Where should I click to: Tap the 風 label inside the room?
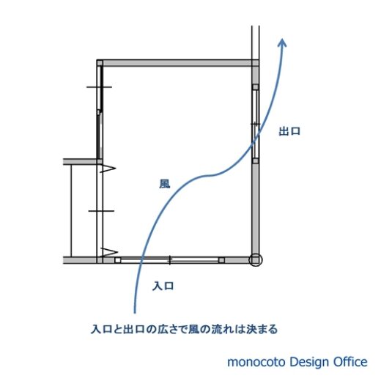(x=165, y=184)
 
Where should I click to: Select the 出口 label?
(x=289, y=131)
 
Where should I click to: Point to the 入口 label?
(x=163, y=286)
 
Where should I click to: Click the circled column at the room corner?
(x=255, y=260)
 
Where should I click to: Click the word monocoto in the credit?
(x=256, y=362)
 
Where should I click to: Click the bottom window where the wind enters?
(x=170, y=260)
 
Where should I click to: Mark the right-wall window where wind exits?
(x=255, y=124)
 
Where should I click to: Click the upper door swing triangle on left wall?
(x=108, y=169)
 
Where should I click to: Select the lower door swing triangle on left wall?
(x=109, y=252)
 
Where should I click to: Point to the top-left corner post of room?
(x=100, y=63)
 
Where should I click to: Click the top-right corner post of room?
(x=255, y=63)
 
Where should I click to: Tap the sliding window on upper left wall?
(x=100, y=112)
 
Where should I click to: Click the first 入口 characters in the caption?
(x=101, y=330)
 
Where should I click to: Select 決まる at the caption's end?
(x=262, y=330)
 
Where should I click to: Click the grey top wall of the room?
(x=177, y=63)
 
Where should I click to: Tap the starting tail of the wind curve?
(x=135, y=312)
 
